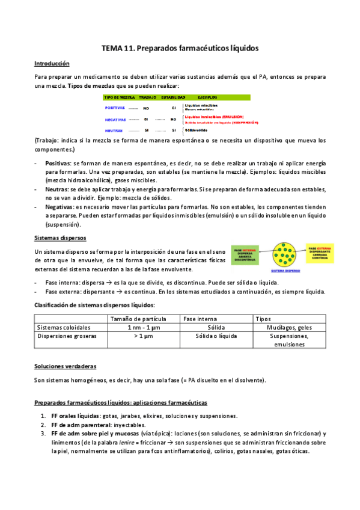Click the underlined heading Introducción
point(52,63)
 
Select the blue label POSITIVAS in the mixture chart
point(115,108)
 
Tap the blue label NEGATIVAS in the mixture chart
point(115,120)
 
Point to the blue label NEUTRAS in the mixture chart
point(114,130)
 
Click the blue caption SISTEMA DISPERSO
point(284,271)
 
